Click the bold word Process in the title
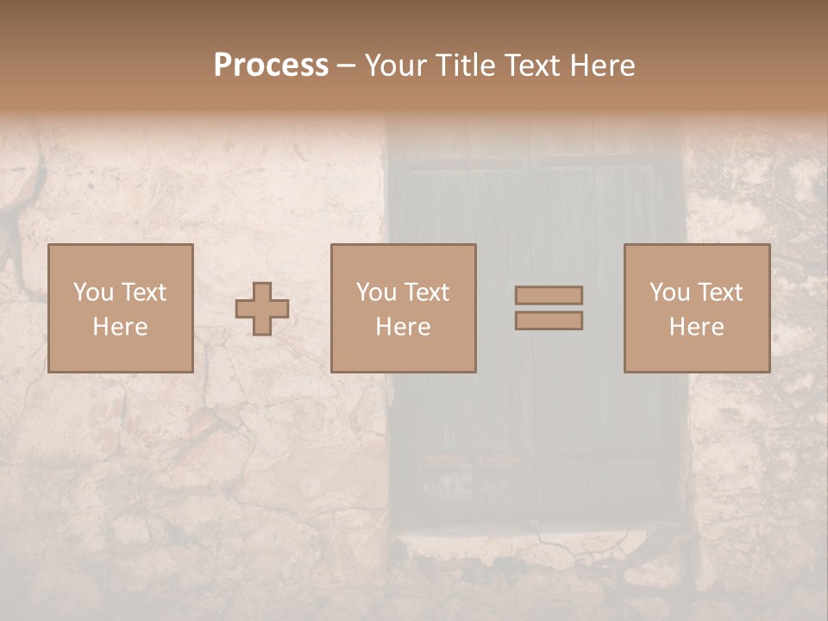click(x=271, y=66)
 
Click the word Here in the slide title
click(x=605, y=66)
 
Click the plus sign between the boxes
click(x=262, y=309)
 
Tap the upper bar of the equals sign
click(x=549, y=295)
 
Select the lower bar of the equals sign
click(x=549, y=321)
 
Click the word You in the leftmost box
click(x=93, y=292)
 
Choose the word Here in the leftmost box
click(x=120, y=327)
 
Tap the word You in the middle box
click(x=376, y=292)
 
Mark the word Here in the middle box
click(x=403, y=327)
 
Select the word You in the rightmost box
click(x=669, y=292)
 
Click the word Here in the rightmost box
click(x=696, y=327)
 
